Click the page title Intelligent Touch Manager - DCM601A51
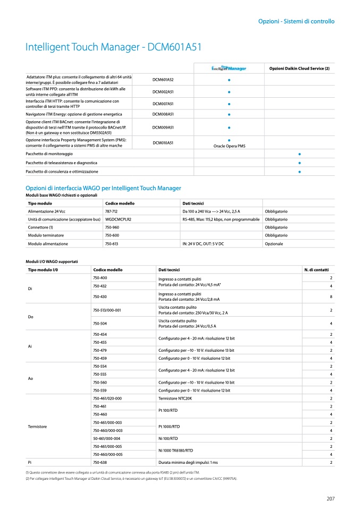point(113,47)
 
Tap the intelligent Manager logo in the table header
point(229,68)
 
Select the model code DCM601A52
point(163,80)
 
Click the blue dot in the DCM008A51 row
point(229,114)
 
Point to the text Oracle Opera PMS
point(229,146)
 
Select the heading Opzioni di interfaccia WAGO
point(103,188)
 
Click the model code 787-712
point(112,211)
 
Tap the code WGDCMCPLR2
point(118,219)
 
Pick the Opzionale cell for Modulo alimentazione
point(274,244)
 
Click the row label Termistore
point(37,427)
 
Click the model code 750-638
point(100,463)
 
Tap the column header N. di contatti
point(316,270)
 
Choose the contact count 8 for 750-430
point(331,296)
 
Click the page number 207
point(330,498)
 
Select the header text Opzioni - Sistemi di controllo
point(296,22)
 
